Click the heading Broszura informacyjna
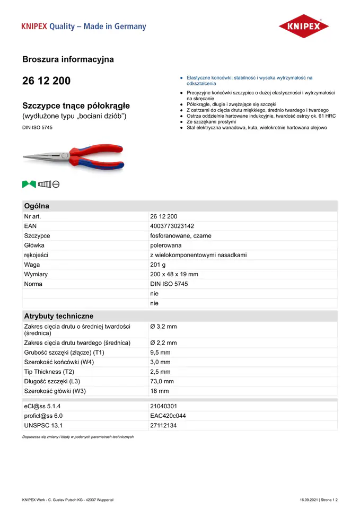point(68,59)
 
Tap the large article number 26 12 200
point(46,81)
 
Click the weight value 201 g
point(158,265)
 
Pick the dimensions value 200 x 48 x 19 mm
point(174,274)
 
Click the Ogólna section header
point(37,206)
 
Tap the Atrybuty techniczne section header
point(58,315)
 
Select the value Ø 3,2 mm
point(163,327)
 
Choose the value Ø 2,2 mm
point(163,343)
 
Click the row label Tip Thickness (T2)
point(49,372)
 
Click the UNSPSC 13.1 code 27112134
point(163,426)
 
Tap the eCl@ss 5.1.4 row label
point(46,406)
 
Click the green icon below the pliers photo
point(29,184)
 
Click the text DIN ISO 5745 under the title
point(37,127)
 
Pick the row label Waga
point(32,265)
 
